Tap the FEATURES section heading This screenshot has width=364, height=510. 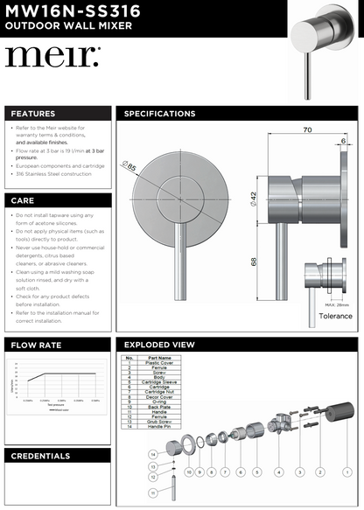tap(33, 114)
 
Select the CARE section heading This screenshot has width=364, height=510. tap(23, 200)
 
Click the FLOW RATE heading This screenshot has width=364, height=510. tap(36, 346)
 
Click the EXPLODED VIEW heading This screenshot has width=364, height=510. tap(160, 346)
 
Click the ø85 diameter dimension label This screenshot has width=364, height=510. tap(130, 165)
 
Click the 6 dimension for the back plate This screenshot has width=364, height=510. tap(343, 139)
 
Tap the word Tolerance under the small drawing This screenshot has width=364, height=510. tap(335, 316)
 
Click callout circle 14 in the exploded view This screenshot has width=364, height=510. tap(152, 455)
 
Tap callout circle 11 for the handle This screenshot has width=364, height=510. tap(153, 493)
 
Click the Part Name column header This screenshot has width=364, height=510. tap(160, 358)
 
